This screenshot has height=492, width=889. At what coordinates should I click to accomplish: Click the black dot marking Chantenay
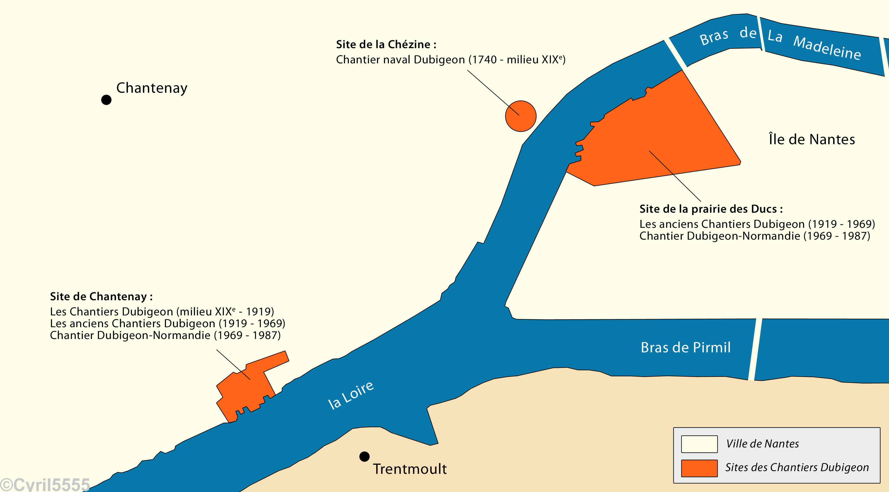(106, 100)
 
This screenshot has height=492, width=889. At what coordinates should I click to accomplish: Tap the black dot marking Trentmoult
(364, 457)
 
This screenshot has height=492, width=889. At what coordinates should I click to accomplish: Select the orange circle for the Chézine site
(520, 116)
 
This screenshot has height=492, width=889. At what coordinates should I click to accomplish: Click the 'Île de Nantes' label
(812, 139)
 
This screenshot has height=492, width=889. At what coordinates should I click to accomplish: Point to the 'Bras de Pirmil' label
(685, 347)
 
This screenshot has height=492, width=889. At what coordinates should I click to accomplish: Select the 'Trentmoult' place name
(410, 469)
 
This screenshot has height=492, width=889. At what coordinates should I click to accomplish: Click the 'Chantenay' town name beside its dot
(152, 88)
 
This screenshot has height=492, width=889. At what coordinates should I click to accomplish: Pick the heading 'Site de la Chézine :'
(386, 44)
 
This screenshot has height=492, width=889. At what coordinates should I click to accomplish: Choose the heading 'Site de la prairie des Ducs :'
(711, 209)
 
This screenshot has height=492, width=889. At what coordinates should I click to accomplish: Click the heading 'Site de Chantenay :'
(101, 296)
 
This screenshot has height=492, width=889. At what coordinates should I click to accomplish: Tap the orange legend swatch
(699, 468)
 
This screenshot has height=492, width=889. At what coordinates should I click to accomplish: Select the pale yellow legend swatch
(699, 444)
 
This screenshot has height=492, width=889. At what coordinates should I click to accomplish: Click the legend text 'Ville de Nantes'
(762, 444)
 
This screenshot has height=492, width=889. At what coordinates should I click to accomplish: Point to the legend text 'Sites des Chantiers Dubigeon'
(797, 467)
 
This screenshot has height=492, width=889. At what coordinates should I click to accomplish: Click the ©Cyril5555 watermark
(45, 484)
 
